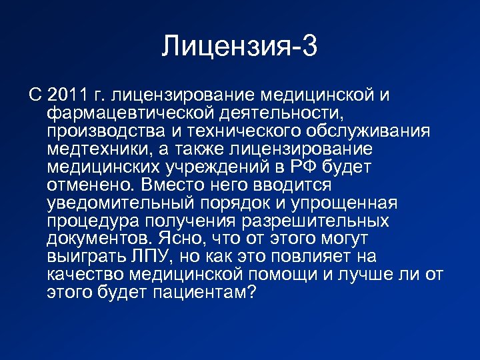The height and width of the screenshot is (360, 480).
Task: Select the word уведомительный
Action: pos(120,202)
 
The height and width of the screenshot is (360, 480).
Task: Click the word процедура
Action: pos(88,220)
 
